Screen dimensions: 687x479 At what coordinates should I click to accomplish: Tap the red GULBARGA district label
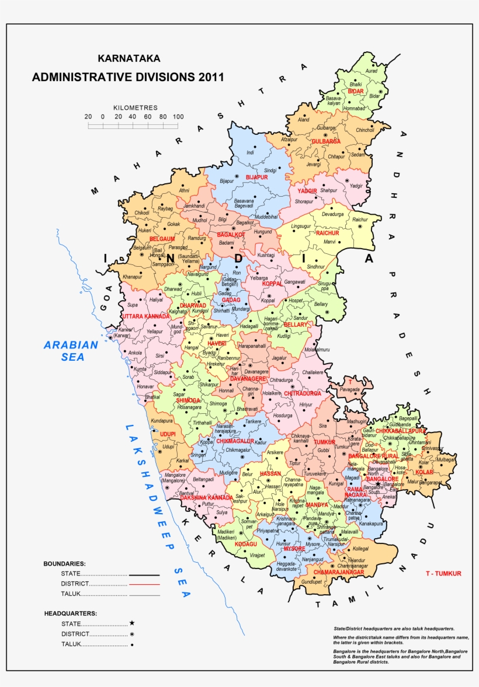click(326, 141)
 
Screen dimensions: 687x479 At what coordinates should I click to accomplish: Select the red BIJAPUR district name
click(256, 177)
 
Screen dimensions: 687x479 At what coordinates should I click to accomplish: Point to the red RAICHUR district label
click(327, 233)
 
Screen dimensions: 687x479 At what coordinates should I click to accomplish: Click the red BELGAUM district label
click(162, 239)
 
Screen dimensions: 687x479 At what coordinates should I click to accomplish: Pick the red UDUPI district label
click(168, 434)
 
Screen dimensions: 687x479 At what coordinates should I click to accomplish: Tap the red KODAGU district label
click(246, 544)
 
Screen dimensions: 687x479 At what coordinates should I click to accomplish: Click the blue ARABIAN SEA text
click(71, 351)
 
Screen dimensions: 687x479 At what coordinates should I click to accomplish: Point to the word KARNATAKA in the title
click(129, 58)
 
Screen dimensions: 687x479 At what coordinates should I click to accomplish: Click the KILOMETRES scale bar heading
click(136, 108)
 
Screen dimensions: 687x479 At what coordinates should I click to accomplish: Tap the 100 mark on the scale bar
click(178, 117)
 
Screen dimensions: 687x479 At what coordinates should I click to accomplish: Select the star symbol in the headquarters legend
click(132, 623)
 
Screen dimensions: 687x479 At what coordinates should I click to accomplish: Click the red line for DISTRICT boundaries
click(144, 584)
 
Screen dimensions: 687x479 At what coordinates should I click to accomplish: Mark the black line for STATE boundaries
click(144, 574)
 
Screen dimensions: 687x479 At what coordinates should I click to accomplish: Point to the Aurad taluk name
click(371, 71)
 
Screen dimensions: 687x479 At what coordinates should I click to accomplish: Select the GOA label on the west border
click(105, 301)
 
